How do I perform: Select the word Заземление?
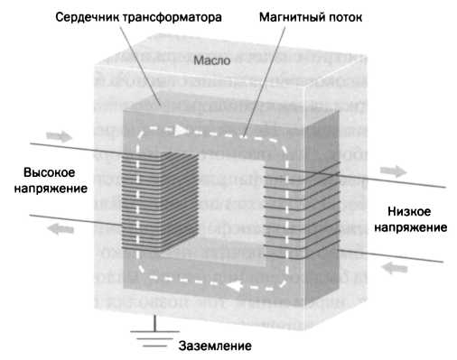[216, 346]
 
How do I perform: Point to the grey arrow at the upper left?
[58, 136]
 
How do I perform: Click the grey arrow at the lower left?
[58, 229]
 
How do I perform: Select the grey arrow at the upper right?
[395, 171]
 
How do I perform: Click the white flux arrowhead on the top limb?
[182, 130]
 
